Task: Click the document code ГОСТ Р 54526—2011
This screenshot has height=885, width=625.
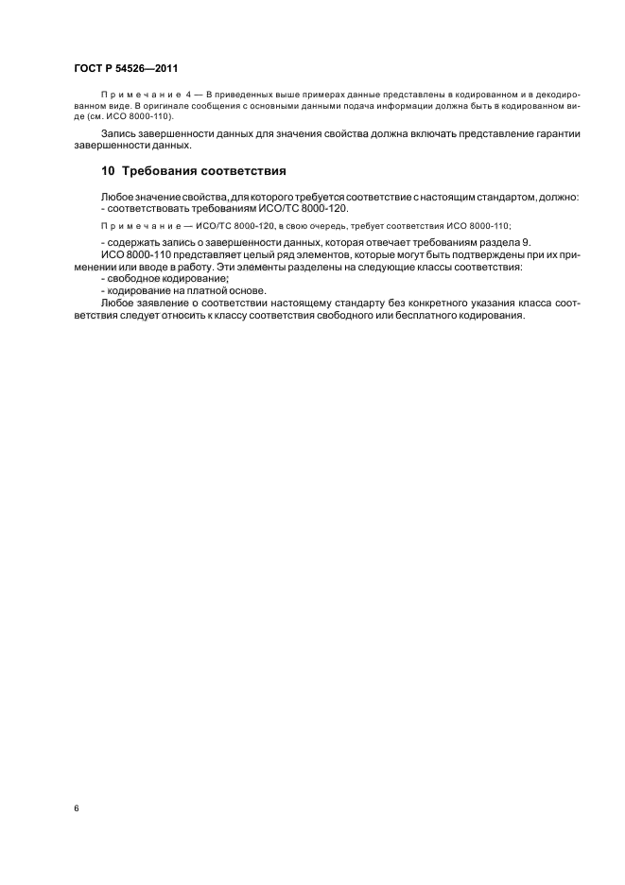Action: (x=126, y=68)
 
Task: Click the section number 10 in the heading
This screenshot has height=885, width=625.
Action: (x=108, y=172)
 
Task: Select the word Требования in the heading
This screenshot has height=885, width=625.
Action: (x=161, y=172)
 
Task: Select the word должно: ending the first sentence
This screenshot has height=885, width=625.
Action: (x=561, y=196)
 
